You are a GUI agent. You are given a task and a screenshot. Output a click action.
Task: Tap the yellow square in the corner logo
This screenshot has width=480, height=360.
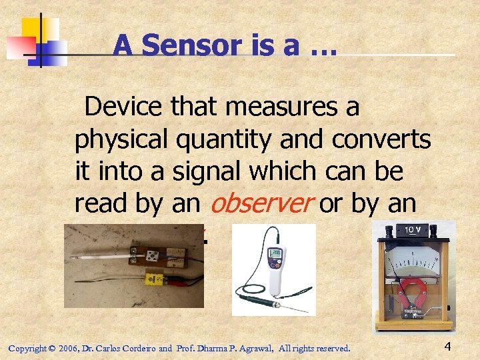(x=39, y=29)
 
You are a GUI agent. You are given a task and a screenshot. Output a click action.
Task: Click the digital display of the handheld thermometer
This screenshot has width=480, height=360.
(x=273, y=253)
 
